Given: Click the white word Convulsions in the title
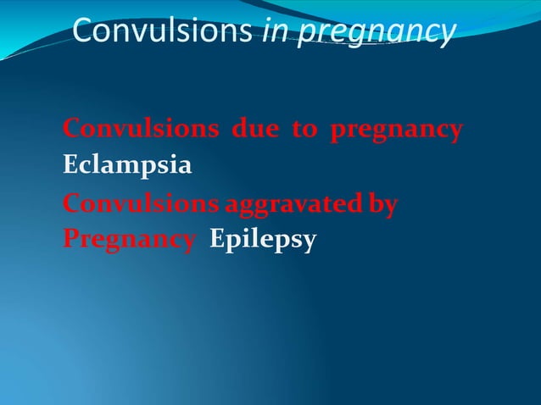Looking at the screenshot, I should (161, 31).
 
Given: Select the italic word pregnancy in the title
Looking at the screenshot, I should (373, 32).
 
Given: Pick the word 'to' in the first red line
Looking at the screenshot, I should (303, 130).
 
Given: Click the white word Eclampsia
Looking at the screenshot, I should (127, 167).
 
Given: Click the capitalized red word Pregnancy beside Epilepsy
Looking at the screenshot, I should (127, 241).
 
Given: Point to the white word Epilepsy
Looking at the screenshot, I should (263, 241).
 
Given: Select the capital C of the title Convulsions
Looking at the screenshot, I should (83, 31).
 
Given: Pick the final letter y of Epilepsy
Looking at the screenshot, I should (310, 243).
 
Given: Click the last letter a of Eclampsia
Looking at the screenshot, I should (184, 167).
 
